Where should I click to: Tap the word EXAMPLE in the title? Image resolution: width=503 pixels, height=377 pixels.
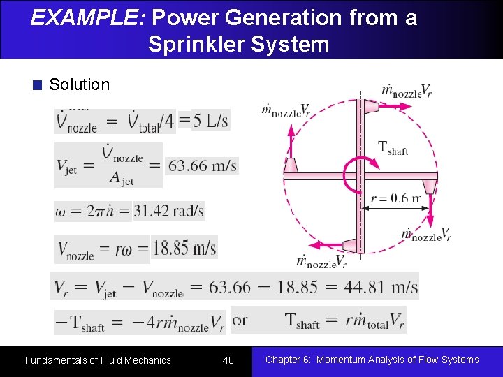[86, 17]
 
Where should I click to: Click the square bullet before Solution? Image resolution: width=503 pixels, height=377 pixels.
[38, 85]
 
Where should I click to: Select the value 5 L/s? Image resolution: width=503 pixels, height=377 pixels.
[210, 121]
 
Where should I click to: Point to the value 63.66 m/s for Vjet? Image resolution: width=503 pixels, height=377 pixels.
[203, 166]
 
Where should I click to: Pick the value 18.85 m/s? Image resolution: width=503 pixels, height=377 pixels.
[184, 249]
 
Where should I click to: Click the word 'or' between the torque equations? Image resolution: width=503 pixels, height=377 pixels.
[240, 320]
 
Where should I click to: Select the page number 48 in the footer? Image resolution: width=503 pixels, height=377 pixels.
[228, 360]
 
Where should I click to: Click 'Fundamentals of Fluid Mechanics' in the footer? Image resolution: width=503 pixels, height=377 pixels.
[98, 360]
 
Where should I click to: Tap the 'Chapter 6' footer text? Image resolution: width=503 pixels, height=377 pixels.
[372, 360]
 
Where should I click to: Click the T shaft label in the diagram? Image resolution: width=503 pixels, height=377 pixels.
[392, 148]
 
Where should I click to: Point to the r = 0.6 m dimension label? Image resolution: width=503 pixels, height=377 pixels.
[397, 198]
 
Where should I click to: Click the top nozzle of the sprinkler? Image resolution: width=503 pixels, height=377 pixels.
[370, 106]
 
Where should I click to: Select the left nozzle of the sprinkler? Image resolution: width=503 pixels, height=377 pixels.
[291, 166]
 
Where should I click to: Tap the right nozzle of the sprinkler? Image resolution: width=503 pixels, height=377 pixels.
[430, 186]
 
